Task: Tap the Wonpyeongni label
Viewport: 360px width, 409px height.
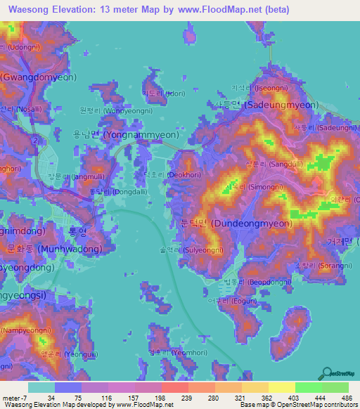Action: coord(112,110)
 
